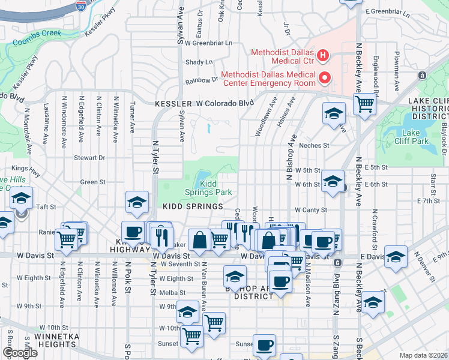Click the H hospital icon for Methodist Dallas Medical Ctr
[x=324, y=56]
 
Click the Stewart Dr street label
[x=89, y=158]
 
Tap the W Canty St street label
[x=310, y=210]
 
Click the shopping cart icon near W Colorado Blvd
[x=364, y=103]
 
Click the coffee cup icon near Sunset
[x=264, y=344]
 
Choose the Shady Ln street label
[x=199, y=62]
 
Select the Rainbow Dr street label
[x=201, y=79]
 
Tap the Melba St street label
[x=174, y=292]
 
